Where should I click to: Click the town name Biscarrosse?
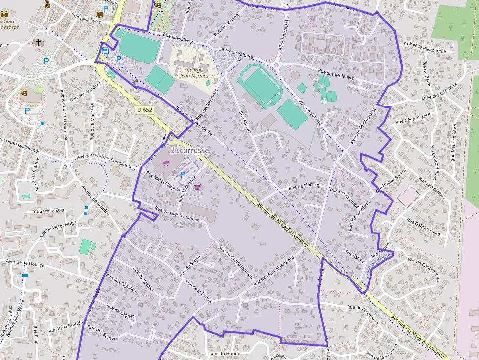189,150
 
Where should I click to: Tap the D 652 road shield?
145,110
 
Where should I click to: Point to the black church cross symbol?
38,42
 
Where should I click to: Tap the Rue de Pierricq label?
304,186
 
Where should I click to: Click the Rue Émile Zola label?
49,211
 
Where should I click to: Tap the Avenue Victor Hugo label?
58,230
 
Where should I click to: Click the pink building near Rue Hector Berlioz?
409,196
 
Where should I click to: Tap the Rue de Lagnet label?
120,312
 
